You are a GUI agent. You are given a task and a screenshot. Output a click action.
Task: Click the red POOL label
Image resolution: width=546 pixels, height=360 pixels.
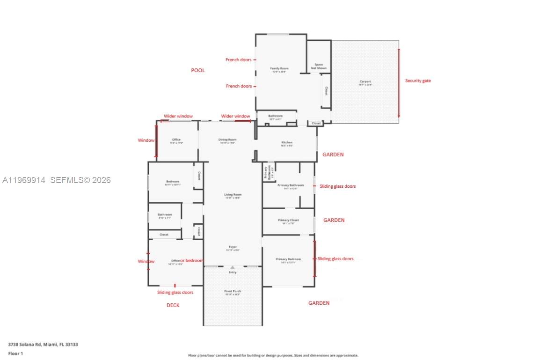pyautogui.click(x=198, y=70)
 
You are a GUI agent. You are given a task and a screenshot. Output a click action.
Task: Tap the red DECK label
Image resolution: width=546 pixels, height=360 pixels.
pyautogui.click(x=173, y=305)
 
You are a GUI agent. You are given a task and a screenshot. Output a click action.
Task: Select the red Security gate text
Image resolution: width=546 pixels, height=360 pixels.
pyautogui.click(x=418, y=81)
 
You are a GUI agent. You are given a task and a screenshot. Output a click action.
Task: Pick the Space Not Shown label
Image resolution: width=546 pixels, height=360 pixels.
pyautogui.click(x=319, y=66)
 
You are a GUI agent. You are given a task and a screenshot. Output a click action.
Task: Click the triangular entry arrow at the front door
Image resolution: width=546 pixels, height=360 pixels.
pyautogui.click(x=233, y=267)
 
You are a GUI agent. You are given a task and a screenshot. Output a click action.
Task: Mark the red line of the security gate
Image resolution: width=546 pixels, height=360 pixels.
pyautogui.click(x=399, y=83)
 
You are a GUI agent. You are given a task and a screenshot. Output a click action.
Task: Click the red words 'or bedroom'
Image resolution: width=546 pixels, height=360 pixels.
pyautogui.click(x=192, y=260)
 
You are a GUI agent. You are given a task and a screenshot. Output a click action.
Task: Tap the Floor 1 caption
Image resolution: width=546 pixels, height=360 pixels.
pyautogui.click(x=15, y=353)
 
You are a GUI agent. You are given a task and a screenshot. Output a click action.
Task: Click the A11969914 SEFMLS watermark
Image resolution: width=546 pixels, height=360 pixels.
pyautogui.click(x=57, y=180)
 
